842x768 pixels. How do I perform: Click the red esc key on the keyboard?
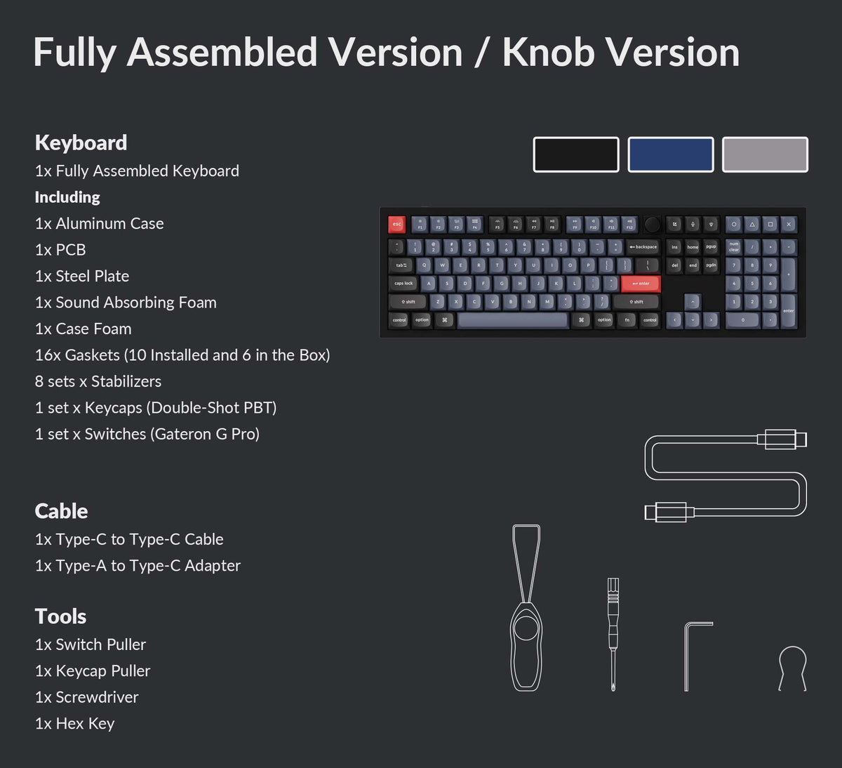pyautogui.click(x=396, y=225)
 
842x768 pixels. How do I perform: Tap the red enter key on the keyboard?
pyautogui.click(x=640, y=284)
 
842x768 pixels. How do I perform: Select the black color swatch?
pyautogui.click(x=576, y=154)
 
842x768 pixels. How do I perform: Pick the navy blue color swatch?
pyautogui.click(x=671, y=154)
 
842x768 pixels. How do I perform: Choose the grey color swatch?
pyautogui.click(x=765, y=154)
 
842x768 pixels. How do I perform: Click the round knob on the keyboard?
pyautogui.click(x=653, y=225)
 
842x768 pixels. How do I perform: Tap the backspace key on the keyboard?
pyautogui.click(x=643, y=247)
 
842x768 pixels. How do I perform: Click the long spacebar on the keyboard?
pyautogui.click(x=513, y=320)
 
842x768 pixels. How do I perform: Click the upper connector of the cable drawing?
pyautogui.click(x=782, y=439)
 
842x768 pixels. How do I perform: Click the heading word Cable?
pyautogui.click(x=61, y=511)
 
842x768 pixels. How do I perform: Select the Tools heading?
pyautogui.click(x=60, y=616)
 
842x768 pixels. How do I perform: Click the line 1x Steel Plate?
pyautogui.click(x=82, y=276)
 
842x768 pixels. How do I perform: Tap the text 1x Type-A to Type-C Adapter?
pyautogui.click(x=138, y=566)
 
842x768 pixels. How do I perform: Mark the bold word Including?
pyautogui.click(x=67, y=197)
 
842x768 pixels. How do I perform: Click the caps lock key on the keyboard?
pyautogui.click(x=403, y=284)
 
